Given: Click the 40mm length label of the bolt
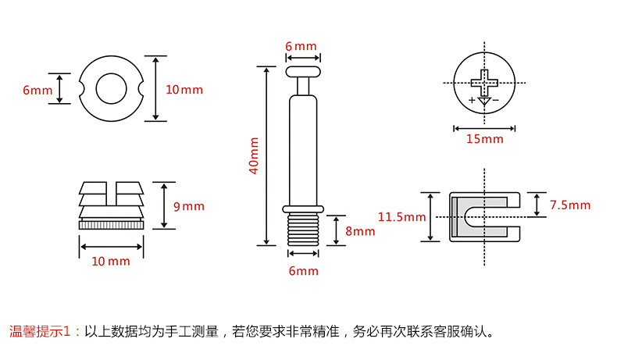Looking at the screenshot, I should pyautogui.click(x=253, y=156).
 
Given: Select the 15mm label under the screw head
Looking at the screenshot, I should pyautogui.click(x=485, y=139).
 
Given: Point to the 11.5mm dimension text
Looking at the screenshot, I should pyautogui.click(x=401, y=217).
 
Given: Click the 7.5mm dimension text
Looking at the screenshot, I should pyautogui.click(x=570, y=205).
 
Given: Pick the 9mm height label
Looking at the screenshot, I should pyautogui.click(x=188, y=206).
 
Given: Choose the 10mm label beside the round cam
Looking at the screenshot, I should pyautogui.click(x=184, y=89).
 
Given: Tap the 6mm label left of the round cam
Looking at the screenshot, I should pyautogui.click(x=37, y=90).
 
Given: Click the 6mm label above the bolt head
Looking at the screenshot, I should pyautogui.click(x=301, y=46).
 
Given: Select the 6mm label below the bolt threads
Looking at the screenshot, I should pyautogui.click(x=303, y=271).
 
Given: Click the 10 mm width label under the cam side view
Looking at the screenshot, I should pyautogui.click(x=110, y=261).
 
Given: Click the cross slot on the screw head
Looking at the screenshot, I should pyautogui.click(x=484, y=80).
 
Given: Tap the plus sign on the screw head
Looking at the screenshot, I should pyautogui.click(x=472, y=100).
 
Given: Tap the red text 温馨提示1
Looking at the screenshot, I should pyautogui.click(x=44, y=330).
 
